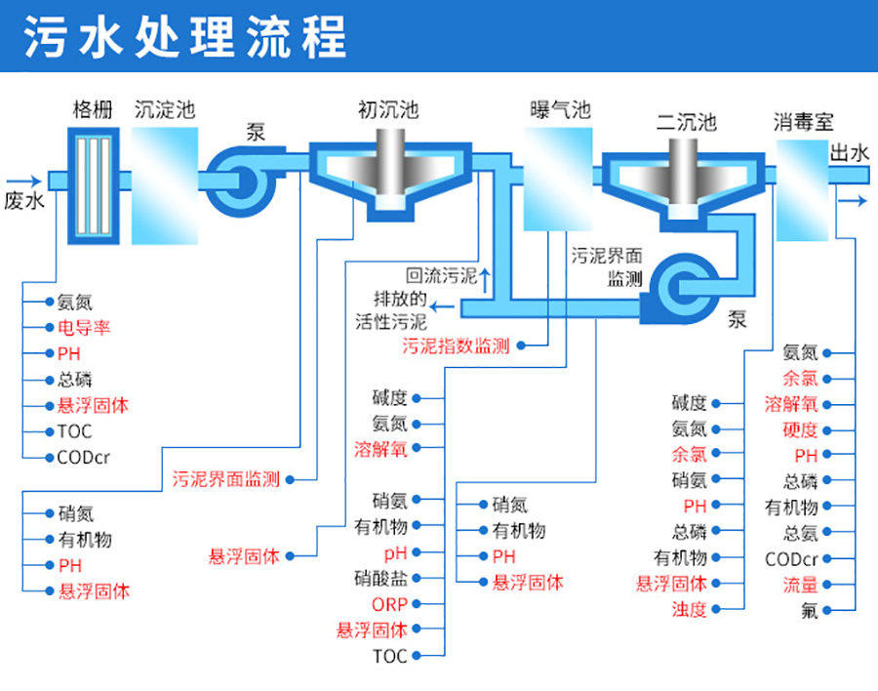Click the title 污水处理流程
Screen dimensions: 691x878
(x=185, y=37)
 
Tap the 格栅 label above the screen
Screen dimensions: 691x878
(x=93, y=110)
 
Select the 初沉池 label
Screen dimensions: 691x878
(x=387, y=110)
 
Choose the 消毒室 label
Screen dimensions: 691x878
(x=804, y=122)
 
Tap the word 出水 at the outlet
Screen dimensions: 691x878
(x=849, y=152)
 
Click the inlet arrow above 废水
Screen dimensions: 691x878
(x=23, y=181)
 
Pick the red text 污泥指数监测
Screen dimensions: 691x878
(x=456, y=345)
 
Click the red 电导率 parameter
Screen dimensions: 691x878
(x=84, y=328)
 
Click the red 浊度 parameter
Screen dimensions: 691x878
(x=688, y=610)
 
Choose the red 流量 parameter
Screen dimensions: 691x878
(x=800, y=586)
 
